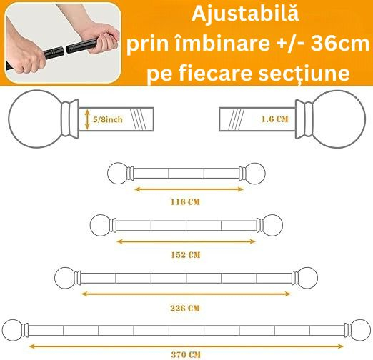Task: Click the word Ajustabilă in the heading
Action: (244, 14)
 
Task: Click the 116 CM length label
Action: (186, 202)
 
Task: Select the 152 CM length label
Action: (186, 254)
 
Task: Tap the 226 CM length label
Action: (186, 308)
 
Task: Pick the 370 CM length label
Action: (186, 354)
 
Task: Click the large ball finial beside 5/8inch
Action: (34, 116)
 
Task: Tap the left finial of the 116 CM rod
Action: (116, 172)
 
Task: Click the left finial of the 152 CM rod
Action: (100, 225)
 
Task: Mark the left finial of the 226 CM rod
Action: (66, 277)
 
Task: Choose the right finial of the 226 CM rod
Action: (307, 277)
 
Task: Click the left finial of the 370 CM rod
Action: (14, 330)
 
